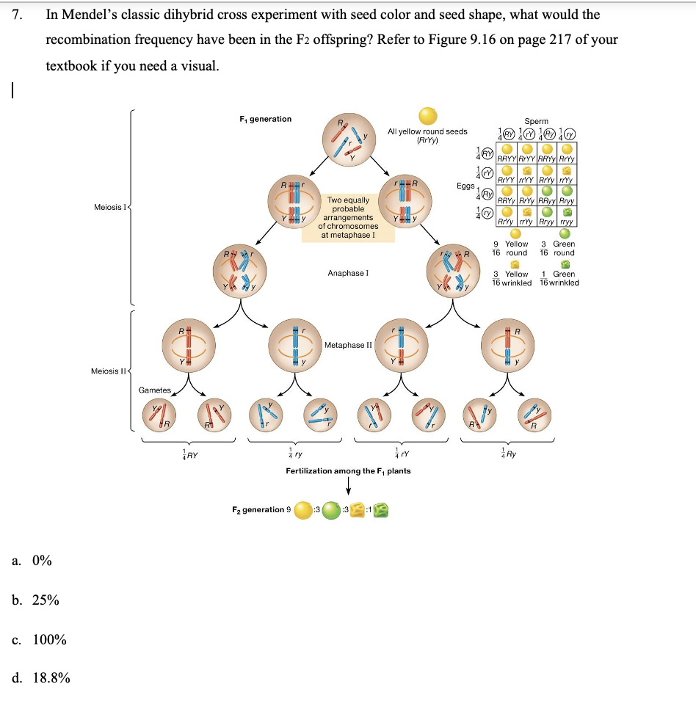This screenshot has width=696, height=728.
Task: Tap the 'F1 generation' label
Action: (x=265, y=119)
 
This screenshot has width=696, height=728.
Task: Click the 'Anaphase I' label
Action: (x=347, y=273)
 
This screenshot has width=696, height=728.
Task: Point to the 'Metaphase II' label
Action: (x=348, y=344)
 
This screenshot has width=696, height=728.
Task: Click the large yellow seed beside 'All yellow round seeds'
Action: (x=428, y=117)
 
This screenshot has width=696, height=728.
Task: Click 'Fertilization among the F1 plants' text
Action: (x=347, y=470)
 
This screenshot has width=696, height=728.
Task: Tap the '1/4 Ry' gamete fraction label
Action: (x=507, y=454)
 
